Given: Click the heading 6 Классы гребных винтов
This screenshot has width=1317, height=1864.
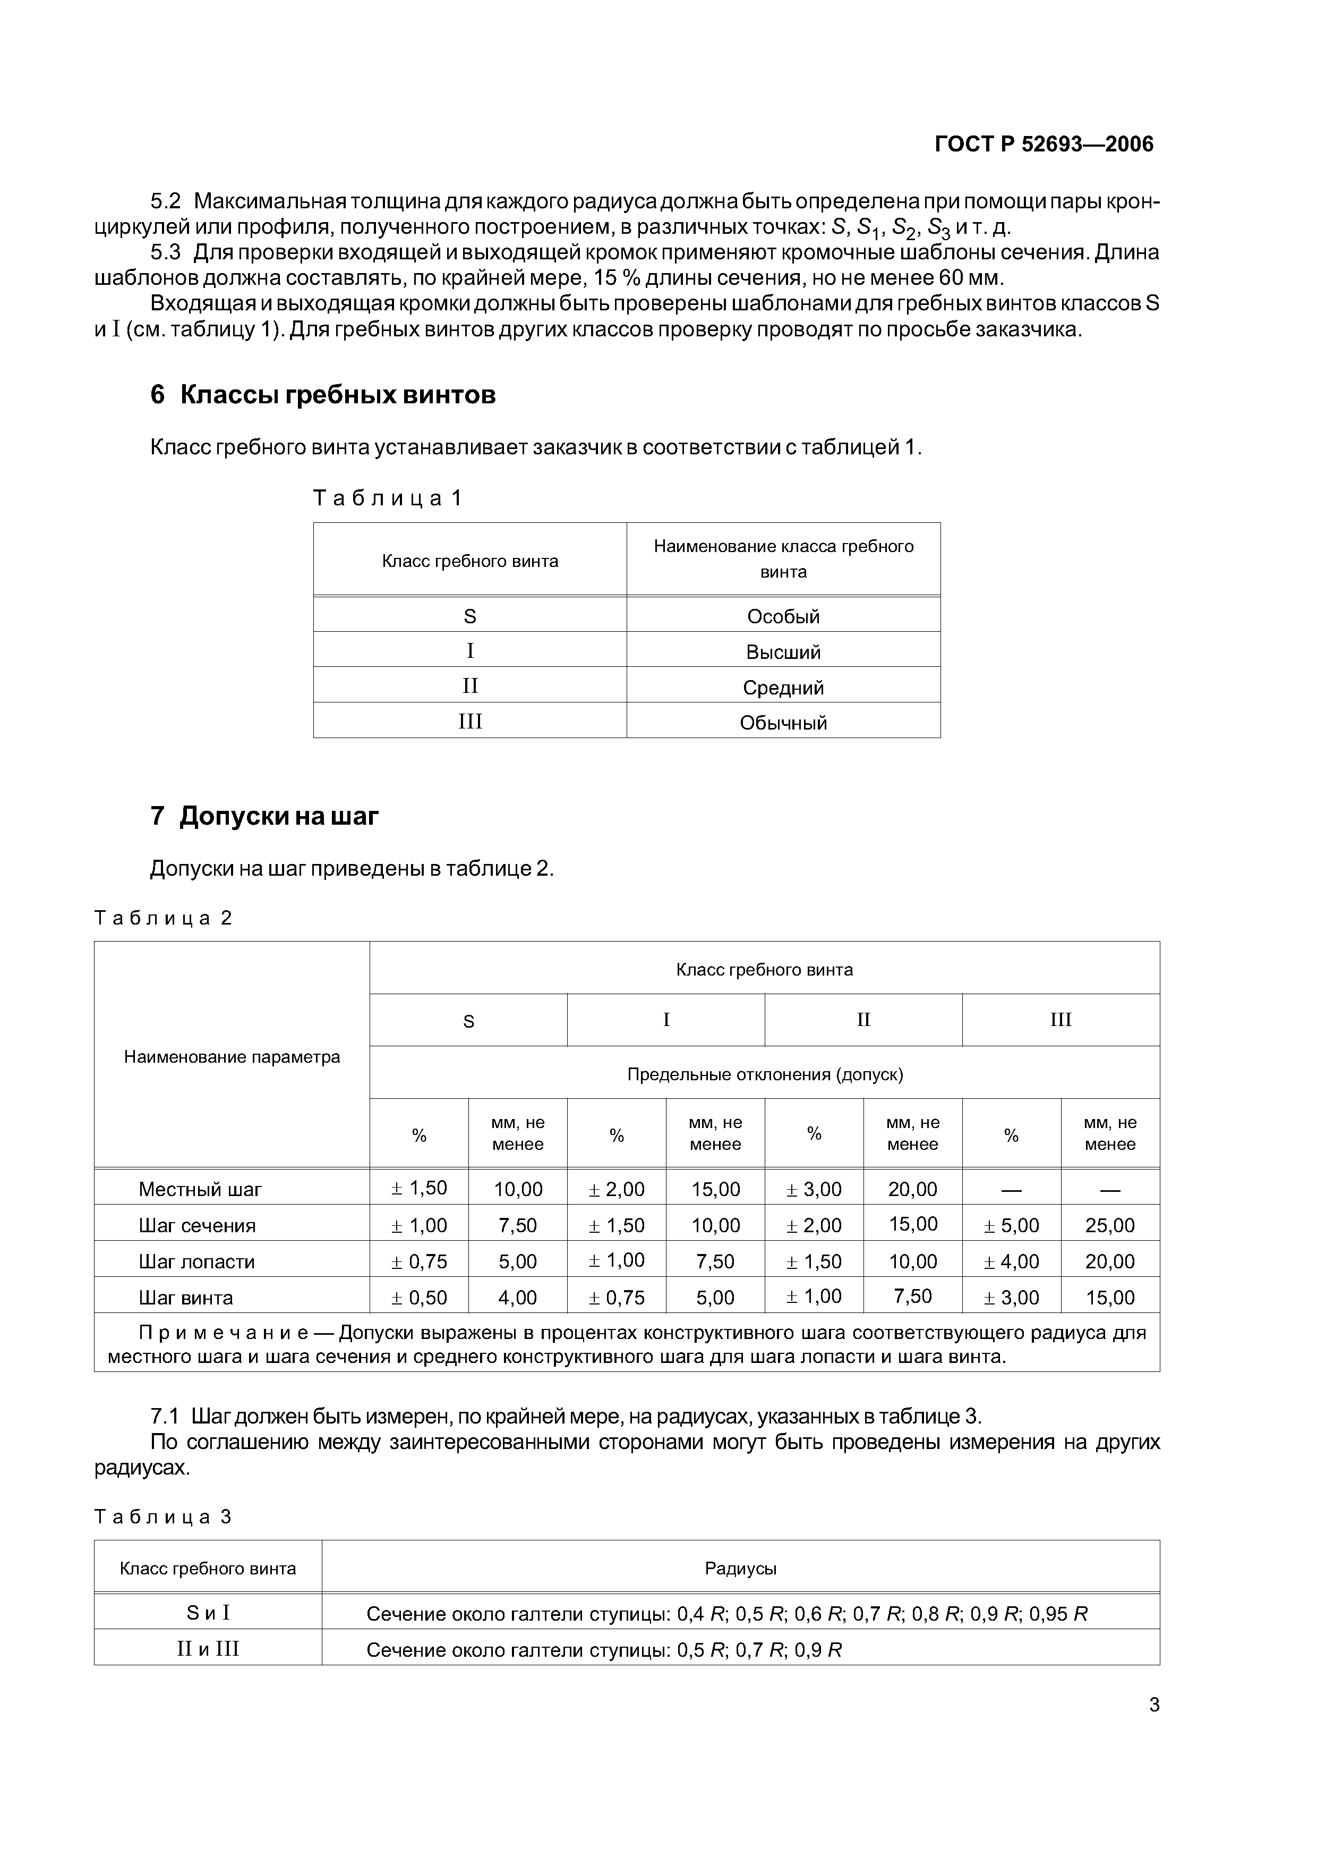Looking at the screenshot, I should [x=323, y=395].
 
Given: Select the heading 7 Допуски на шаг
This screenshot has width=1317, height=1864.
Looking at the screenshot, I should [x=264, y=816].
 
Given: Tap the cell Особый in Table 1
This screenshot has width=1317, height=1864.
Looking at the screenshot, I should [x=783, y=616].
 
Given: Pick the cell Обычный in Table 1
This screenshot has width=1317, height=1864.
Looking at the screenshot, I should [x=783, y=723].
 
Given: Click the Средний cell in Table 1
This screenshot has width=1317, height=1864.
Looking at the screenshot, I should [x=783, y=688].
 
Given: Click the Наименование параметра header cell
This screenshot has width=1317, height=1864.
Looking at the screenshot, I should [x=232, y=1057].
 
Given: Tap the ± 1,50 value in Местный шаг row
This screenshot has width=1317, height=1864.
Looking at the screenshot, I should [x=418, y=1189].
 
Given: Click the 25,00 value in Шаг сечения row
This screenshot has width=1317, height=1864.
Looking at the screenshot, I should [x=1109, y=1226].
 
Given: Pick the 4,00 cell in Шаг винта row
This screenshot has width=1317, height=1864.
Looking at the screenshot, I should [x=518, y=1298].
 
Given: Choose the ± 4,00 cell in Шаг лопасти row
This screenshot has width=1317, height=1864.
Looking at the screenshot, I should [x=1011, y=1261].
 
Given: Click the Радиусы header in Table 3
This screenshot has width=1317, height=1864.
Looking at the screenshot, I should [x=740, y=1569].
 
